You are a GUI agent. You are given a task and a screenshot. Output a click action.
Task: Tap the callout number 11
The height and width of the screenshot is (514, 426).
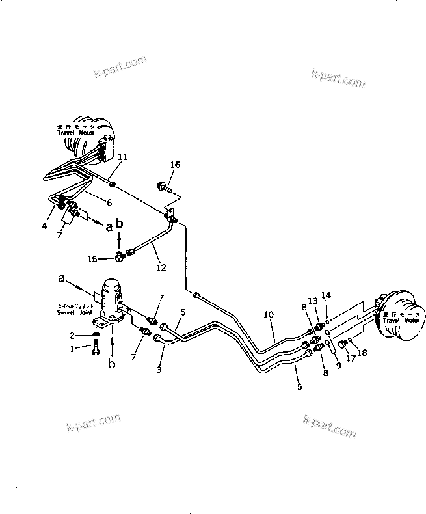point(123,157)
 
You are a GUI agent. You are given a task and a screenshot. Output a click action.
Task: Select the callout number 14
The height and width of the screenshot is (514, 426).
point(326,295)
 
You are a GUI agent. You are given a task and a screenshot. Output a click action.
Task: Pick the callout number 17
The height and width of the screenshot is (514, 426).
point(350,357)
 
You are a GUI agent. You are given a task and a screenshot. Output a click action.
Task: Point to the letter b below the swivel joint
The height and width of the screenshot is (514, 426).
point(111,364)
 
